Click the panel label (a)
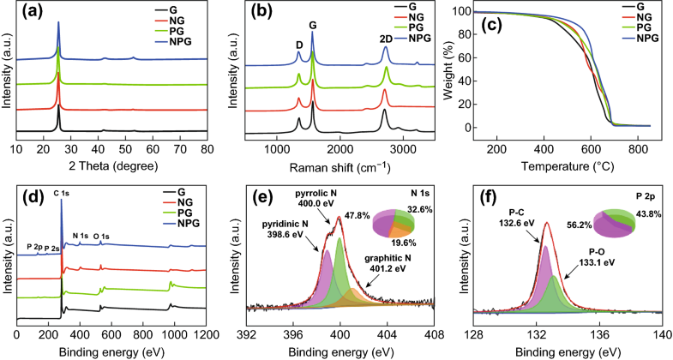coord(31,14)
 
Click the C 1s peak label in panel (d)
coord(63,194)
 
